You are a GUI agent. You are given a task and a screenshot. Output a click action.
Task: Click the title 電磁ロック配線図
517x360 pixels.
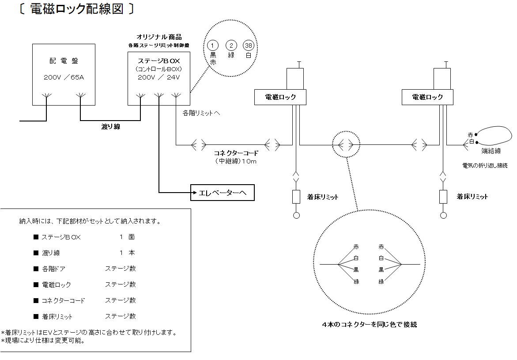(x=76, y=9)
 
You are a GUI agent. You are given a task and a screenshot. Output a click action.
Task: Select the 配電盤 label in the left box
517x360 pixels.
(x=64, y=61)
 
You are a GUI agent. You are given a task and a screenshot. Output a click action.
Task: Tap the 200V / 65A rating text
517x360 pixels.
(x=64, y=77)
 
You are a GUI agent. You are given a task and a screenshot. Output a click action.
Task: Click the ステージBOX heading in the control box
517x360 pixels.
(x=158, y=61)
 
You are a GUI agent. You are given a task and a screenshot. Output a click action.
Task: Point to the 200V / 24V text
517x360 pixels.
(x=158, y=77)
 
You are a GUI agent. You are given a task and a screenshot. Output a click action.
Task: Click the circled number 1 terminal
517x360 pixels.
(x=213, y=45)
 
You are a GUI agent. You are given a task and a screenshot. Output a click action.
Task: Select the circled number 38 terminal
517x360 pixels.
(x=248, y=45)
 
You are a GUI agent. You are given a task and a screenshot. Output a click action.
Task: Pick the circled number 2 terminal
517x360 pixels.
(x=231, y=45)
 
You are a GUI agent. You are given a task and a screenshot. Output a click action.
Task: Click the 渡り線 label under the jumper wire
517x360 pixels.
(x=111, y=127)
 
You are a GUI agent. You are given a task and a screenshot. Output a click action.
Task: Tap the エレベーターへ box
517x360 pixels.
(x=223, y=193)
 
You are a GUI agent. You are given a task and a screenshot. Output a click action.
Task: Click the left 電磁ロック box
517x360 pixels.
(x=280, y=97)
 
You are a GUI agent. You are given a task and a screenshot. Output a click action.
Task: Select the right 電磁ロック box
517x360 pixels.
(x=427, y=97)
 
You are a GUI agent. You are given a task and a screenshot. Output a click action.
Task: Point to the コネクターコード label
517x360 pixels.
(x=236, y=153)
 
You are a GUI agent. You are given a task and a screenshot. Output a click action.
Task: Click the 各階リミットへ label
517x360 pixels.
(x=201, y=113)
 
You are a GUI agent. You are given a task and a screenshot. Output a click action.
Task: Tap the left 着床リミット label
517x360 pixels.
(x=322, y=197)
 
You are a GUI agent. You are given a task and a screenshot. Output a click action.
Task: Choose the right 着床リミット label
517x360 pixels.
(x=472, y=197)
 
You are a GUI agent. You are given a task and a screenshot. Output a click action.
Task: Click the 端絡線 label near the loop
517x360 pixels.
(x=491, y=151)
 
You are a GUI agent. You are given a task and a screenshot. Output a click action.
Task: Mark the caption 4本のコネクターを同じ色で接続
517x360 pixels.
(x=369, y=324)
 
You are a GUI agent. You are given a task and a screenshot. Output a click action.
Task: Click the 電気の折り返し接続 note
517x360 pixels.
(x=485, y=165)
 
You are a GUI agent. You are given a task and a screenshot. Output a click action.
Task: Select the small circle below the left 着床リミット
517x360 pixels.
(x=296, y=216)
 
